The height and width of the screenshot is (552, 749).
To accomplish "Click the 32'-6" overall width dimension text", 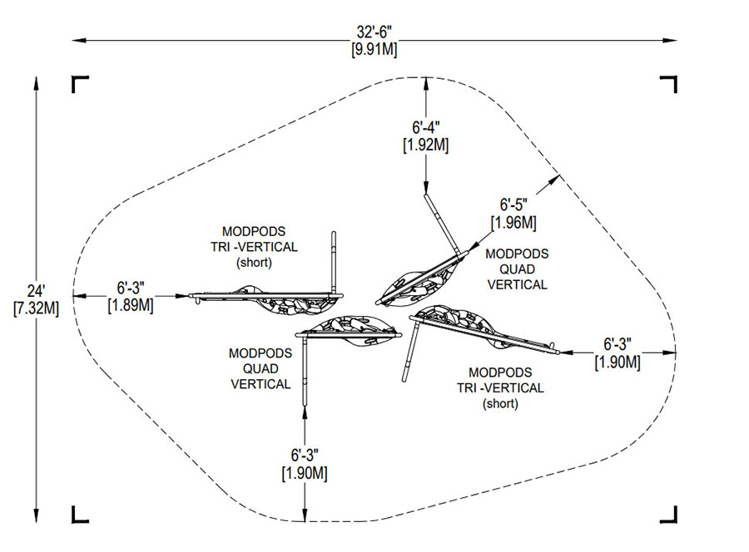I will tap(374, 33).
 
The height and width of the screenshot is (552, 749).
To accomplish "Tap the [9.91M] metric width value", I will tap(374, 49).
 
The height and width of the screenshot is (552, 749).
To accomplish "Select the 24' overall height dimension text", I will tap(36, 292).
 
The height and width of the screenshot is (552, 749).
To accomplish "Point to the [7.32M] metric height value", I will tap(36, 308).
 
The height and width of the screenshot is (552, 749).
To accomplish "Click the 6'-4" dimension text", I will tap(425, 128).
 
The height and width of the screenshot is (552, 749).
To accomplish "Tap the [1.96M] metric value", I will tap(513, 222).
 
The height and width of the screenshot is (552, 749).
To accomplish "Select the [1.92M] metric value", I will tap(425, 145).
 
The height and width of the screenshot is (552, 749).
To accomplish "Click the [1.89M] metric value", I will tap(131, 304).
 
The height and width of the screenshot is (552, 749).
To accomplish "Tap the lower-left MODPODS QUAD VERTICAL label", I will tap(260, 368).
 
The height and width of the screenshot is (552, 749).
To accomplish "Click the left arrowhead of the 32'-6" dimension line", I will tap(76, 39).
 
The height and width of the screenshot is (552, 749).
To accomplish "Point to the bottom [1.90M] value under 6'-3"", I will tap(303, 473).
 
